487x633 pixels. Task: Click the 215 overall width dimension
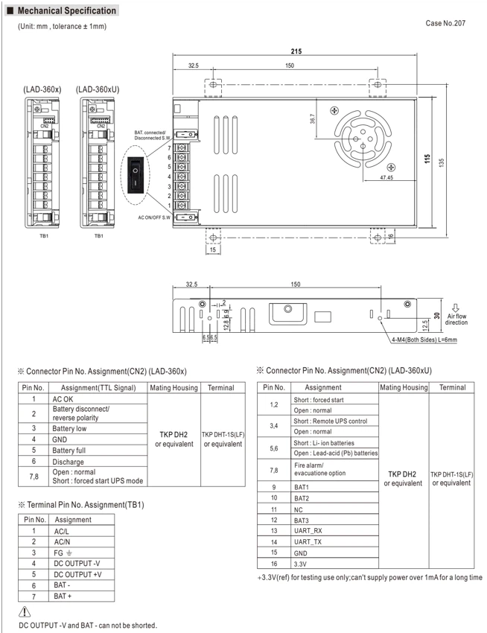(x=296, y=51)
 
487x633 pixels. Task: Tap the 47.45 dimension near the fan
(x=386, y=177)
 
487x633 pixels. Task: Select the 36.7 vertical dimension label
(x=312, y=118)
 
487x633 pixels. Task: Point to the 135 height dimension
(x=442, y=162)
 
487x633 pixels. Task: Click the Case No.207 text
(x=445, y=23)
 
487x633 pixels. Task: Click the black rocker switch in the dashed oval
(x=136, y=175)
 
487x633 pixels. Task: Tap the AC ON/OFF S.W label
(x=154, y=217)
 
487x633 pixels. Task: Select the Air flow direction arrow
(x=456, y=308)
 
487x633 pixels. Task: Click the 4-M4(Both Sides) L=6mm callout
(x=424, y=340)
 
